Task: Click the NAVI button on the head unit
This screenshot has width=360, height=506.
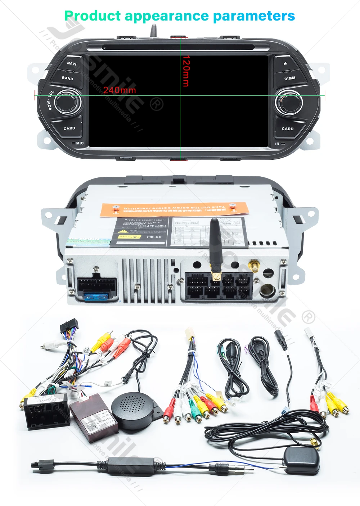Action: tap(72, 64)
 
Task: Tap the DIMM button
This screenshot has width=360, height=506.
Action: tap(289, 78)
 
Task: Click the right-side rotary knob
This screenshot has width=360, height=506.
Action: tap(290, 102)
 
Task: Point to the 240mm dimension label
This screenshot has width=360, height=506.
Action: tap(120, 90)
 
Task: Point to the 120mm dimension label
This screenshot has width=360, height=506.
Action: tap(186, 71)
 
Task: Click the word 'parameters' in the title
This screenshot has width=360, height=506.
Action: tap(254, 16)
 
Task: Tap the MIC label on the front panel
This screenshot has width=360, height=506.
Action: tap(80, 143)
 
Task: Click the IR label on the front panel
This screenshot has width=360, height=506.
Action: tap(277, 144)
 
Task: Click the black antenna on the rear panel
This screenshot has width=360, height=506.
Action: tap(215, 245)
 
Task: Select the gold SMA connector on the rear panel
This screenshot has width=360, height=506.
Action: tap(256, 267)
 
